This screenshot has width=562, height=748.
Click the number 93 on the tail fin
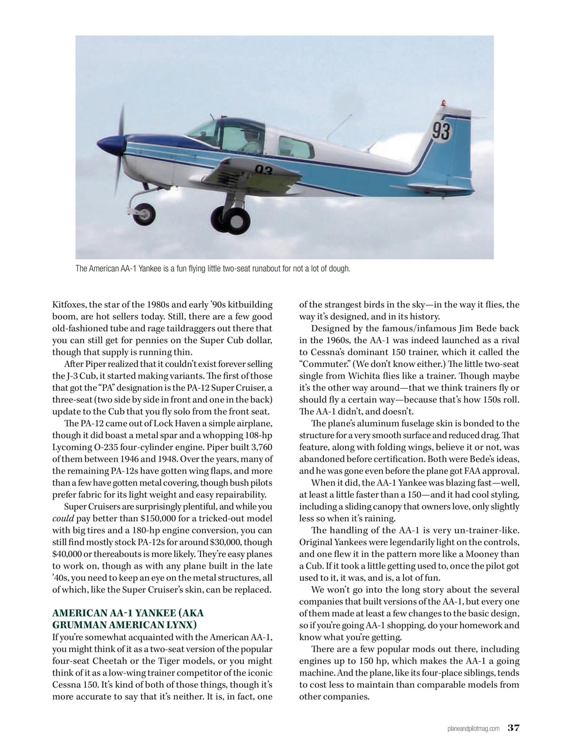coord(442,131)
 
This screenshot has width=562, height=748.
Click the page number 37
coord(513,728)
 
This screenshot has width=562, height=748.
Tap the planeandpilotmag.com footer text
coord(472,728)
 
